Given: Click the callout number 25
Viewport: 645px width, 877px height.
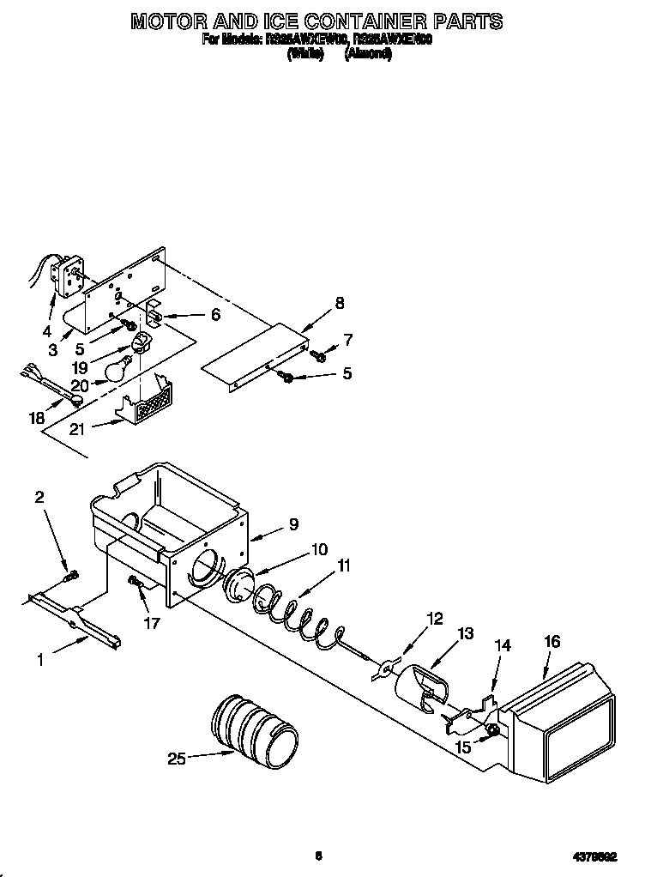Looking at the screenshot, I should tap(177, 758).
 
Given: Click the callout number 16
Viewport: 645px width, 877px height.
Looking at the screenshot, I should tap(552, 640).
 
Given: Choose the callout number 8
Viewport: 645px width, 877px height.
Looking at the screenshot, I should tap(340, 302).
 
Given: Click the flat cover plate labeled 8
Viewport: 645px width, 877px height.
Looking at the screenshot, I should tap(257, 353).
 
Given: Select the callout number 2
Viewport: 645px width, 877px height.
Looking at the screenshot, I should tap(39, 497).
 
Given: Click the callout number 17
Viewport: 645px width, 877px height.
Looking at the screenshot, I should tap(152, 624).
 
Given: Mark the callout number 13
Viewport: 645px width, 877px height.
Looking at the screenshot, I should tap(466, 634).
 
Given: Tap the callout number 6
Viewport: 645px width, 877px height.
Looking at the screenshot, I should tap(215, 315).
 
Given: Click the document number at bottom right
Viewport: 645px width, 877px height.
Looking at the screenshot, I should tap(597, 855).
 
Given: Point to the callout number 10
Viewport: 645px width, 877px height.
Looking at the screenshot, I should tap(319, 549).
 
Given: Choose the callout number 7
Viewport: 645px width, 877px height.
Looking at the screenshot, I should tap(347, 340).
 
